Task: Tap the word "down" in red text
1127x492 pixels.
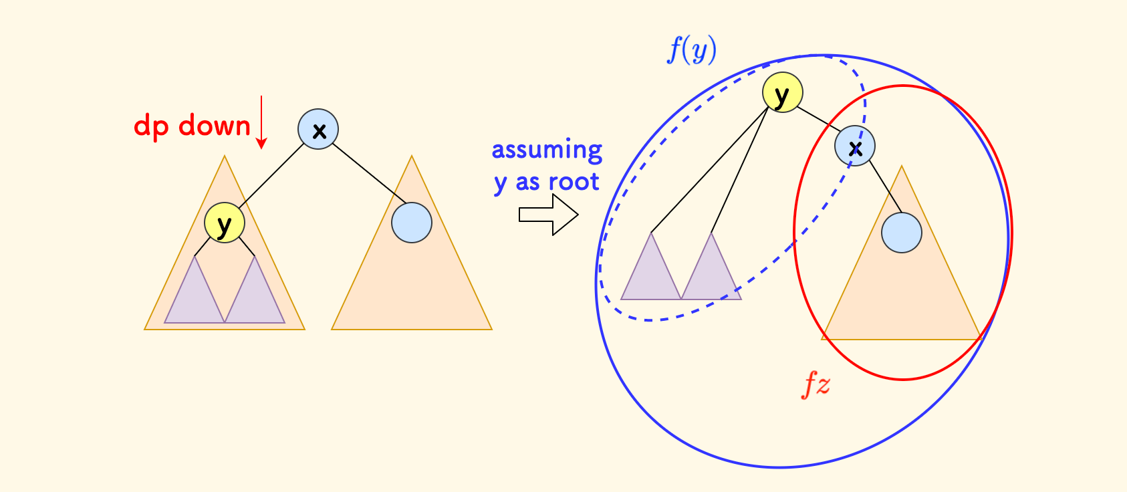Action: point(214,126)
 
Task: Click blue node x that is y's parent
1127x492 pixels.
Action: point(318,129)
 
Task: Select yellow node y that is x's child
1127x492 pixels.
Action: point(225,223)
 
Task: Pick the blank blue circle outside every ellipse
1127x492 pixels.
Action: point(412,223)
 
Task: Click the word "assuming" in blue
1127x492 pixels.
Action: point(547,150)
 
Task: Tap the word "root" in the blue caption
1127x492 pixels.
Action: point(574,182)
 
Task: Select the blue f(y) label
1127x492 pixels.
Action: point(692,50)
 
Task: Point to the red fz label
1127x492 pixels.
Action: point(816,385)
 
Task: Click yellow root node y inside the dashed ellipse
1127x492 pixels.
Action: point(782,92)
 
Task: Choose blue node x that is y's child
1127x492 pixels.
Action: point(855,146)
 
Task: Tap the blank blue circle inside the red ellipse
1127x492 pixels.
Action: point(902,233)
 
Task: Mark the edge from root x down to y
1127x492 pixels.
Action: point(271,176)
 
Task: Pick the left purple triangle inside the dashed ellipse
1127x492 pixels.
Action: point(650,274)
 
